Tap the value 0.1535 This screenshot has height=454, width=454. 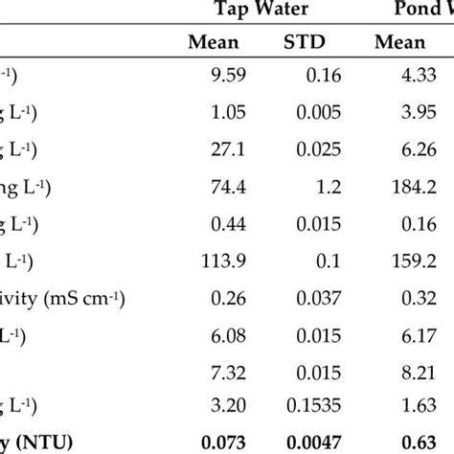[x=314, y=401]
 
